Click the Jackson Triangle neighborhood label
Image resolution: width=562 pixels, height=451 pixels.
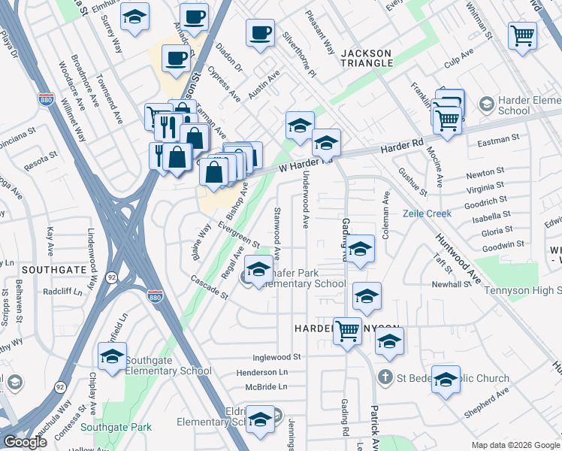[367, 58]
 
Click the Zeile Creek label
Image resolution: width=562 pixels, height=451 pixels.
[426, 213]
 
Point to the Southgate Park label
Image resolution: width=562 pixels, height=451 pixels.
[116, 427]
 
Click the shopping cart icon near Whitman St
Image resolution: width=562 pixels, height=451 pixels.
[522, 35]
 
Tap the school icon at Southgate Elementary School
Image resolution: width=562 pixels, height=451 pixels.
[112, 357]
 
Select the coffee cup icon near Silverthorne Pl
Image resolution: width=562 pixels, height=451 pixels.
[260, 33]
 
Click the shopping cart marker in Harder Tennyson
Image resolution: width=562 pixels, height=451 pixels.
[347, 330]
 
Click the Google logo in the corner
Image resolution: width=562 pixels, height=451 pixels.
[25, 442]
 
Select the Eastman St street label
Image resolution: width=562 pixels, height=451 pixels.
[498, 140]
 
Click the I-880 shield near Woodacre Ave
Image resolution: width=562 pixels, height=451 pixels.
[45, 98]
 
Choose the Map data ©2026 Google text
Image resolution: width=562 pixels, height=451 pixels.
[515, 444]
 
